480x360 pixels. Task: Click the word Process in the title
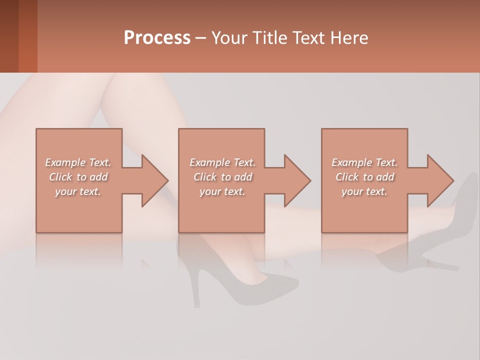click(x=157, y=38)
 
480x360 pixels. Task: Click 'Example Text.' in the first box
click(x=78, y=162)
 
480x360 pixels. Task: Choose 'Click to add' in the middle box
click(x=222, y=177)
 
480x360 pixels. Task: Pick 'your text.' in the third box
click(x=364, y=191)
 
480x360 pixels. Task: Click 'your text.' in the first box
click(x=78, y=191)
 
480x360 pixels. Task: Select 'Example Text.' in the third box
click(x=364, y=162)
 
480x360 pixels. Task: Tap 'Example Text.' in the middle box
click(x=222, y=162)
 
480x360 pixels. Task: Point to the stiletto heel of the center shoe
click(x=196, y=290)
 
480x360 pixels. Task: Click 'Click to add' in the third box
click(x=364, y=177)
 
